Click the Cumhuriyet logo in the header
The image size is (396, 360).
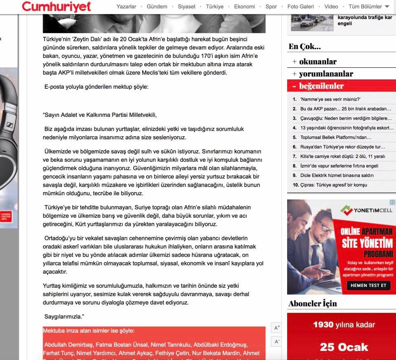pos(57,6)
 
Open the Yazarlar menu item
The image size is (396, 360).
pos(126,7)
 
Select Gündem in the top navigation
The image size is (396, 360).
pos(157,7)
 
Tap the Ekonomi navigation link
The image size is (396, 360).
pos(244,7)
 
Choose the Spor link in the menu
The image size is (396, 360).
pos(271,7)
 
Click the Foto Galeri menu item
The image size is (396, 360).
pos(301,7)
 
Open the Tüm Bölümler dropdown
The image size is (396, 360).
pos(369,7)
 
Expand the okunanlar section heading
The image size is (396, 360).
pos(318,62)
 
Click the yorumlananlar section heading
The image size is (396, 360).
pos(326,74)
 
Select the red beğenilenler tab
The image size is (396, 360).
pos(321,86)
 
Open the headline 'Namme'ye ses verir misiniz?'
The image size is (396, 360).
pos(330,99)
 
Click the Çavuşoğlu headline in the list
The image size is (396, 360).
pos(346,118)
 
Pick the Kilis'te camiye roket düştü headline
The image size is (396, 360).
pos(342,156)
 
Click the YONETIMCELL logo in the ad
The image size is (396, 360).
pos(366,211)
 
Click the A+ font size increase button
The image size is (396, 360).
pos(277,328)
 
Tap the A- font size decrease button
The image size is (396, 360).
pos(277,341)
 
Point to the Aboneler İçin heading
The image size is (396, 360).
pos(313,303)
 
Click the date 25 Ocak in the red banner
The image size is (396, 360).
pos(344,347)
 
